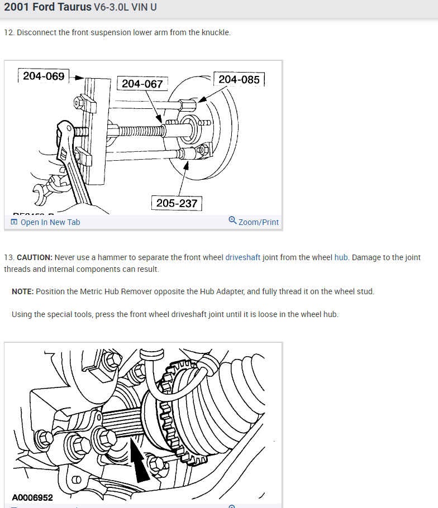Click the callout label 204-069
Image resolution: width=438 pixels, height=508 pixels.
pyautogui.click(x=44, y=76)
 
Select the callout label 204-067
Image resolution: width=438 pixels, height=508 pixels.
pyautogui.click(x=142, y=84)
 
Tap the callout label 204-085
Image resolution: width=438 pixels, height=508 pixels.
pyautogui.click(x=239, y=79)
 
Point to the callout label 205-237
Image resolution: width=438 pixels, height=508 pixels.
pyautogui.click(x=177, y=203)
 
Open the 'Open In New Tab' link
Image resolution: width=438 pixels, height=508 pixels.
pyautogui.click(x=50, y=222)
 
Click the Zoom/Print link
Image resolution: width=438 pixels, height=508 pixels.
pyautogui.click(x=258, y=222)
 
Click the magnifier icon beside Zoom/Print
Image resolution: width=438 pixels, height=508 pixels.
pyautogui.click(x=232, y=221)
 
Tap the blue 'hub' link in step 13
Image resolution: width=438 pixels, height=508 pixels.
pyautogui.click(x=341, y=258)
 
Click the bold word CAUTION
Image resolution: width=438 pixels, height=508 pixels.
pyautogui.click(x=35, y=258)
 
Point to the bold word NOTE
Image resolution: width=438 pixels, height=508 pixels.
pyautogui.click(x=23, y=291)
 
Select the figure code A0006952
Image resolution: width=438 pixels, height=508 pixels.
pyautogui.click(x=32, y=497)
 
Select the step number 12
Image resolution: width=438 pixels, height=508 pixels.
pyautogui.click(x=8, y=32)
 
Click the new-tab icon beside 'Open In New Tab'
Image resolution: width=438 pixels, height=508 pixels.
pyautogui.click(x=14, y=222)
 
